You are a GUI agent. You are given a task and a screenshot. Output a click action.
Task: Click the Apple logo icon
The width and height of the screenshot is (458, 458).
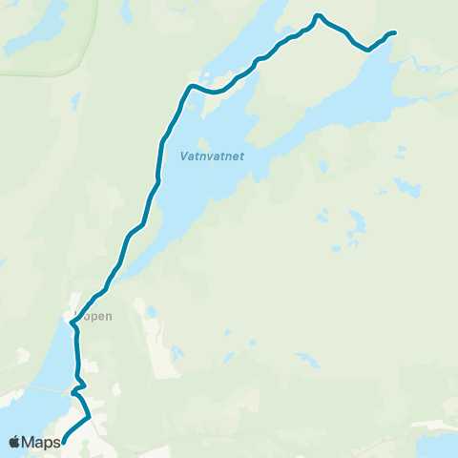point(15,442)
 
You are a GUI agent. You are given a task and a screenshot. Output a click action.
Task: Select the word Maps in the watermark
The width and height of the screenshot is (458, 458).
point(43,442)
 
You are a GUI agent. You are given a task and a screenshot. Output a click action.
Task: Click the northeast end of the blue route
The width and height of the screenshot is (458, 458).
point(394,33)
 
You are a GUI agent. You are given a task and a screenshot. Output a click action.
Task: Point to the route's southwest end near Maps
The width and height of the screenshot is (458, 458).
point(64,440)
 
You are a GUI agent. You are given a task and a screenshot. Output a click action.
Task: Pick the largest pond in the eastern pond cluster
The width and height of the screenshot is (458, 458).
point(357,228)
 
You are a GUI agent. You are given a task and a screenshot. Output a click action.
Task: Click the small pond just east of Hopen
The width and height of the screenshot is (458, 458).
point(151,311)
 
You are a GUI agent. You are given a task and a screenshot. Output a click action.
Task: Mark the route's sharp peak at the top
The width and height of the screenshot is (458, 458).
point(318,15)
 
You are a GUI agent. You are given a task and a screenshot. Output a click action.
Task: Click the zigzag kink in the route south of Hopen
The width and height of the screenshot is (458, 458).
point(76,387)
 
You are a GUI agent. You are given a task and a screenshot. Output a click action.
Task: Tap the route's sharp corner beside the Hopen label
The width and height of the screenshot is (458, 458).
point(73,323)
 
